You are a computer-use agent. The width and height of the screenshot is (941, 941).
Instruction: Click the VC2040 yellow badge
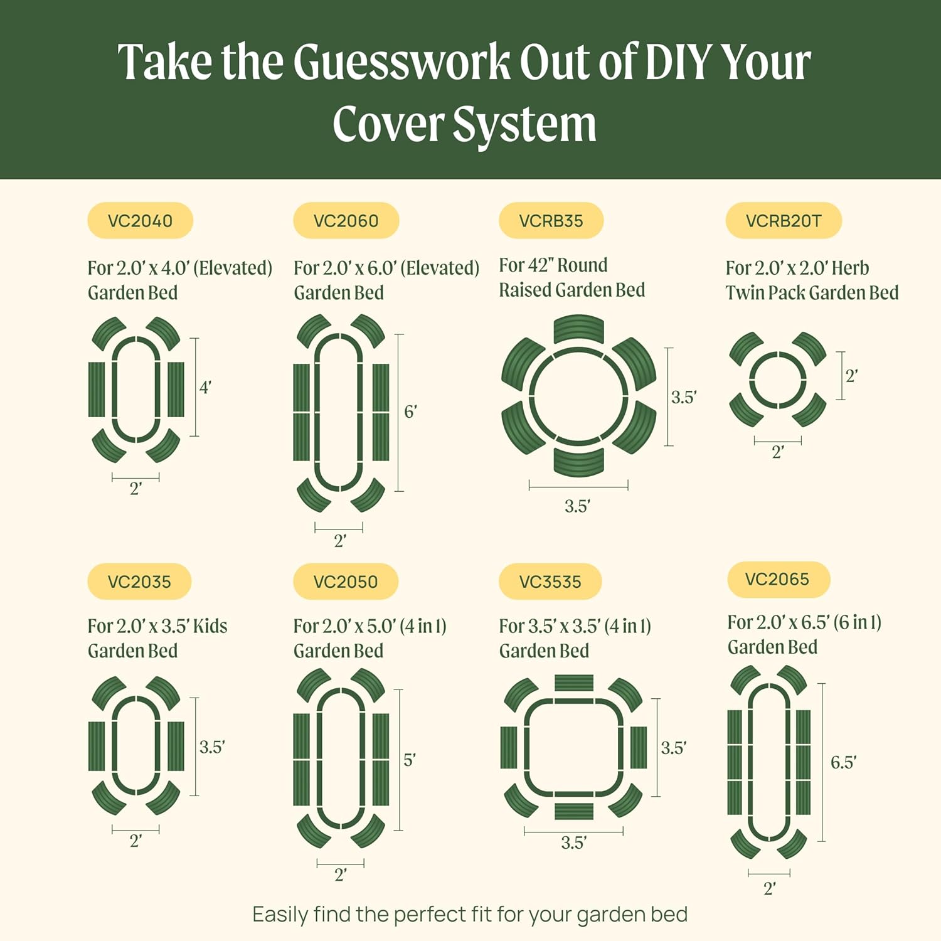pyautogui.click(x=140, y=221)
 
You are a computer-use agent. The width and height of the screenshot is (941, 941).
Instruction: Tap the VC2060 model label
pyautogui.click(x=346, y=221)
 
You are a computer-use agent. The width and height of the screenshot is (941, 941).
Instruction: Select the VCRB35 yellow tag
pyautogui.click(x=551, y=221)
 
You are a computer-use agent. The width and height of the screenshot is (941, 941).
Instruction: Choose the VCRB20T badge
pyautogui.click(x=783, y=221)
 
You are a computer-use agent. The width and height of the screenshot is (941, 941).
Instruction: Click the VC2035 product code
pyautogui.click(x=139, y=582)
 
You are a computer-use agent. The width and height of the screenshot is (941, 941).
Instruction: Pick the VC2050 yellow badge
pyautogui.click(x=346, y=582)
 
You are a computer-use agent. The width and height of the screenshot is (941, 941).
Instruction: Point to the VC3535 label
pyautogui.click(x=550, y=582)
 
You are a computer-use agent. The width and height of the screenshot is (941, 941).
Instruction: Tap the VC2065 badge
pyautogui.click(x=777, y=579)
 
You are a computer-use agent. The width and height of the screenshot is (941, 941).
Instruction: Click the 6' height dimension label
pyautogui.click(x=410, y=412)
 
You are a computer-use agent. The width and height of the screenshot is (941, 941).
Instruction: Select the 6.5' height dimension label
pyautogui.click(x=843, y=762)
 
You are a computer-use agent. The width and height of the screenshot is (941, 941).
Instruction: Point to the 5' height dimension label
pyautogui.click(x=409, y=760)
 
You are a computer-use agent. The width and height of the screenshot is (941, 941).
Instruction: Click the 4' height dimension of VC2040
pyautogui.click(x=205, y=387)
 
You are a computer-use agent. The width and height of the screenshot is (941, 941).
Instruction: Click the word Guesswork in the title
pyautogui.click(x=401, y=63)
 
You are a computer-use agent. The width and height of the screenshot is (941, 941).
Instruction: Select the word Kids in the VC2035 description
pyautogui.click(x=210, y=626)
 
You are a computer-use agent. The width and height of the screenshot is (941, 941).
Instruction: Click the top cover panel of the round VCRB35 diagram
pyautogui.click(x=578, y=329)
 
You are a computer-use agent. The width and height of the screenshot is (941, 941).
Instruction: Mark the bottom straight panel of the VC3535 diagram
pyautogui.click(x=574, y=811)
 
